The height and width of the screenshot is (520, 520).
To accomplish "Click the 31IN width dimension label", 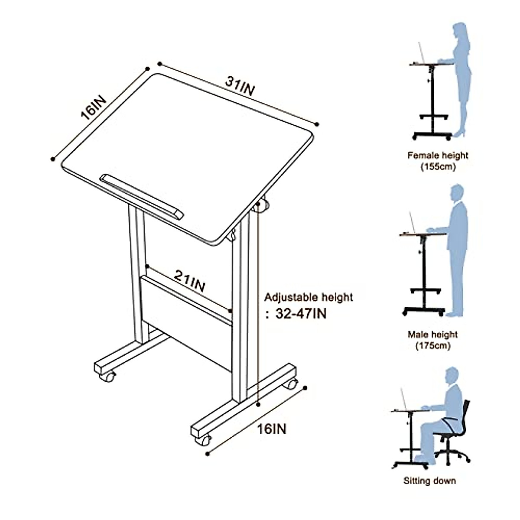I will click(240, 87).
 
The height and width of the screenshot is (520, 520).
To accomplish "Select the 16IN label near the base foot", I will click(272, 429).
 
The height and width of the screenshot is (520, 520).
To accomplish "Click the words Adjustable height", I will click(309, 297).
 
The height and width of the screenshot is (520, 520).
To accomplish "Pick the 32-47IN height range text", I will click(301, 313).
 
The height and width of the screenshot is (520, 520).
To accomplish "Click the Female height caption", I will click(438, 155).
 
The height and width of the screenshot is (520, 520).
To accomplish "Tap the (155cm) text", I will click(438, 166).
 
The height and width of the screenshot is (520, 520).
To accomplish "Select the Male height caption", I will click(432, 335).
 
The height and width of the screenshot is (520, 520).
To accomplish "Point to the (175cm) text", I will click(433, 346).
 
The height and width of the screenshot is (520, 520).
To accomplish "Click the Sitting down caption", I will click(429, 481).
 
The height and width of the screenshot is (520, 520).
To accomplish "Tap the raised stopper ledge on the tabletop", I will click(142, 196).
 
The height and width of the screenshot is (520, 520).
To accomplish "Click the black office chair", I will click(455, 433).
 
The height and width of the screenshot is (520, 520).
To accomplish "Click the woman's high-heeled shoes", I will click(459, 132).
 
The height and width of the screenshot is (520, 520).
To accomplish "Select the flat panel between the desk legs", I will click(186, 321).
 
